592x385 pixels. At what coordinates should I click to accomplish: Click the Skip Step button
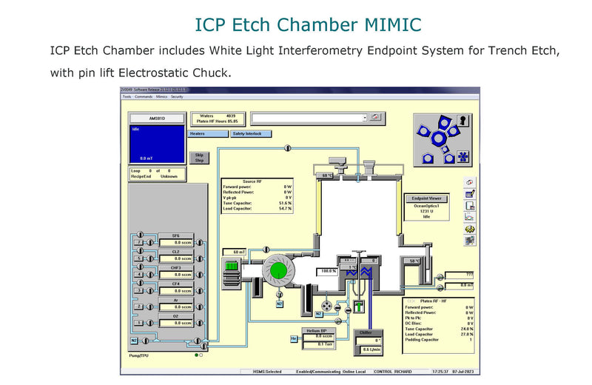tap(199, 158)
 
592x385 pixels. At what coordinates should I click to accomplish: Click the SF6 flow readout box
tap(175, 242)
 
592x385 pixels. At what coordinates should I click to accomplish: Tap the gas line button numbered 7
tap(138, 242)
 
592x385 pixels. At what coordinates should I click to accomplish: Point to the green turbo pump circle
tap(279, 271)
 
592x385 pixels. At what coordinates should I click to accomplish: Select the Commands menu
tap(144, 97)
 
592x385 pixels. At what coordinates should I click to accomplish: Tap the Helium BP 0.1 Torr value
tap(319, 344)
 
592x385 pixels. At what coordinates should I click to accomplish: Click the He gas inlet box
tap(293, 339)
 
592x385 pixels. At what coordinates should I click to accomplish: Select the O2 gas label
tap(175, 316)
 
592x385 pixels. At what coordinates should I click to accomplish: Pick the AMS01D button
tap(156, 118)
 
